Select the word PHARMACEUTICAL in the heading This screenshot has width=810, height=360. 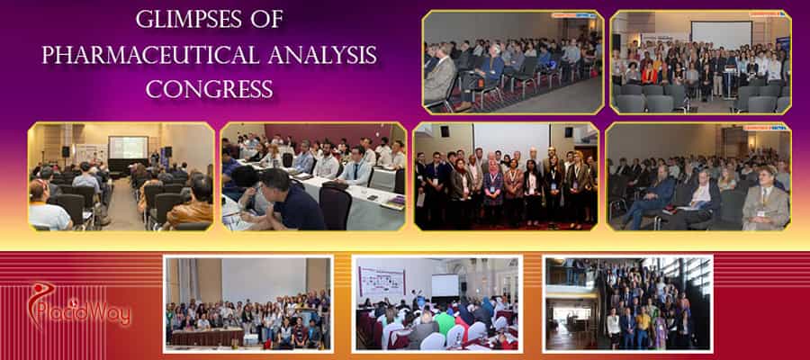tap(141, 55)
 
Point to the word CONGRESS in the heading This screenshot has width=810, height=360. tap(210, 89)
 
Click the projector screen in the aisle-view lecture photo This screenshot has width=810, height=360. tap(128, 147)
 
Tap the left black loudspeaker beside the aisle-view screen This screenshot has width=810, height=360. tap(66, 151)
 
